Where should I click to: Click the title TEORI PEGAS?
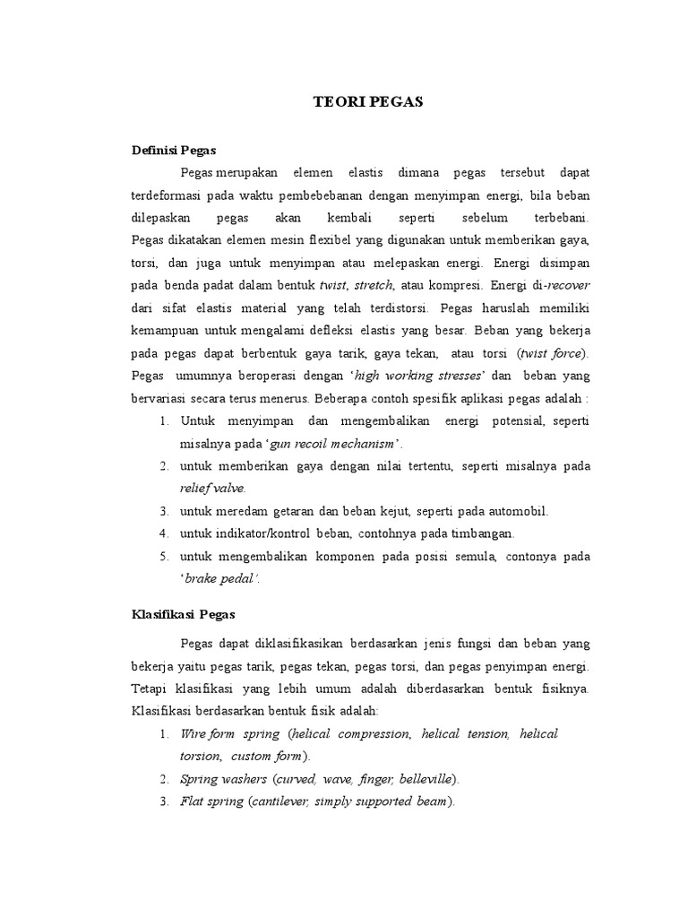(356, 102)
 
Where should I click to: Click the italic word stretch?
(373, 285)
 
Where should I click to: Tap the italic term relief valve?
(211, 489)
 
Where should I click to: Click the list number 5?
(165, 557)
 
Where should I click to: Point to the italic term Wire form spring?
(230, 733)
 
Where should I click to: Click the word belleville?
(425, 778)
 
